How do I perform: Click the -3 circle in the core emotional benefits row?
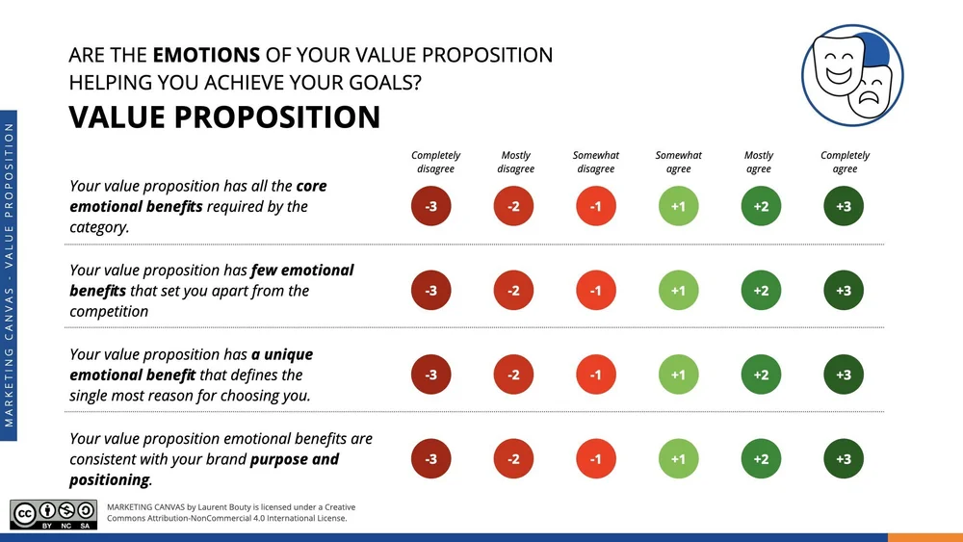coord(430,206)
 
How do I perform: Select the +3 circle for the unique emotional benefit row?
coord(844,374)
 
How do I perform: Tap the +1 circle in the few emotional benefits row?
coord(678,291)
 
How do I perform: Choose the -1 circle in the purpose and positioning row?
coord(595,459)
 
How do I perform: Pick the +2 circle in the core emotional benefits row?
coord(761,206)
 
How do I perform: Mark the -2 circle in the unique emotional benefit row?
coord(513,374)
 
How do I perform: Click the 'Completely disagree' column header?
coord(435,162)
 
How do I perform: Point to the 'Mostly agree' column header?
coord(759,162)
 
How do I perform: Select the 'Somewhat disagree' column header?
coord(595,162)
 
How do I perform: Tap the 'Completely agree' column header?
coord(845,162)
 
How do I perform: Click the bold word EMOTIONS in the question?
coord(206,55)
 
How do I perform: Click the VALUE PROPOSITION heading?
coord(224,117)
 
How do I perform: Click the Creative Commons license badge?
coord(54,515)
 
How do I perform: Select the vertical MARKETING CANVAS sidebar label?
coord(10,274)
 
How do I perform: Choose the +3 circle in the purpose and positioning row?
coord(844,459)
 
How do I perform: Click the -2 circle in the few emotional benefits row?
coord(513,291)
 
